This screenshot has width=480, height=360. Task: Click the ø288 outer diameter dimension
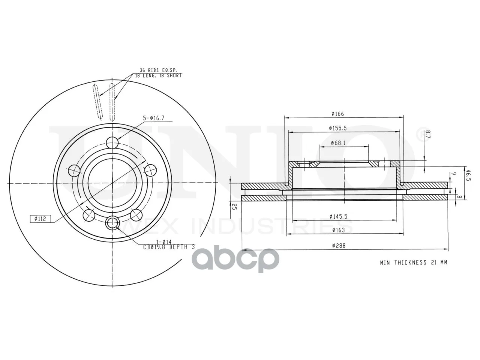click(339, 246)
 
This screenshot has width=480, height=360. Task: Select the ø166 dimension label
click(337, 114)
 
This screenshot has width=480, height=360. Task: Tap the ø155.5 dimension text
click(338, 128)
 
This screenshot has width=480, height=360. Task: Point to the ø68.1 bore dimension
click(338, 143)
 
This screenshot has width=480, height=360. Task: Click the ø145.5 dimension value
click(339, 216)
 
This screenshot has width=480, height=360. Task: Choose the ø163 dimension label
click(339, 230)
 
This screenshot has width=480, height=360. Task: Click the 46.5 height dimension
click(469, 175)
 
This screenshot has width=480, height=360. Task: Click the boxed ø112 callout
click(40, 219)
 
